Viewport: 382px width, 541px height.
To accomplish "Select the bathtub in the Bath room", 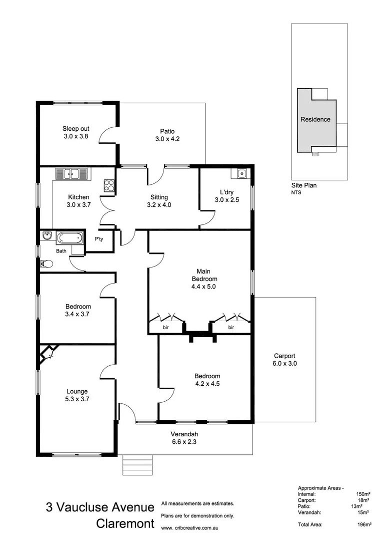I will click(x=69, y=238).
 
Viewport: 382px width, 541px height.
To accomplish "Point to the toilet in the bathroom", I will click(x=46, y=262).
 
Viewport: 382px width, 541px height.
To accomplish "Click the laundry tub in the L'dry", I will click(x=241, y=174).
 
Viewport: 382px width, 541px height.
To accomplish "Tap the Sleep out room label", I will click(x=75, y=128).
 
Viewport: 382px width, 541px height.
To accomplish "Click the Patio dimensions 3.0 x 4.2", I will click(x=167, y=139).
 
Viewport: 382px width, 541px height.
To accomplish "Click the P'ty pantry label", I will click(x=99, y=239).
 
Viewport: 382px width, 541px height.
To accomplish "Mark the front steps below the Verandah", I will click(x=136, y=464).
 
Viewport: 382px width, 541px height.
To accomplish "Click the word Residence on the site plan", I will click(x=315, y=119).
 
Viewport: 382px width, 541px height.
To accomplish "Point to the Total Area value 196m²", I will click(x=364, y=524).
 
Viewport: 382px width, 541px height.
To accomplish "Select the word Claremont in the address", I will click(x=125, y=524).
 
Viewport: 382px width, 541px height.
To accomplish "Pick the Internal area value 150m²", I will click(x=362, y=493).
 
